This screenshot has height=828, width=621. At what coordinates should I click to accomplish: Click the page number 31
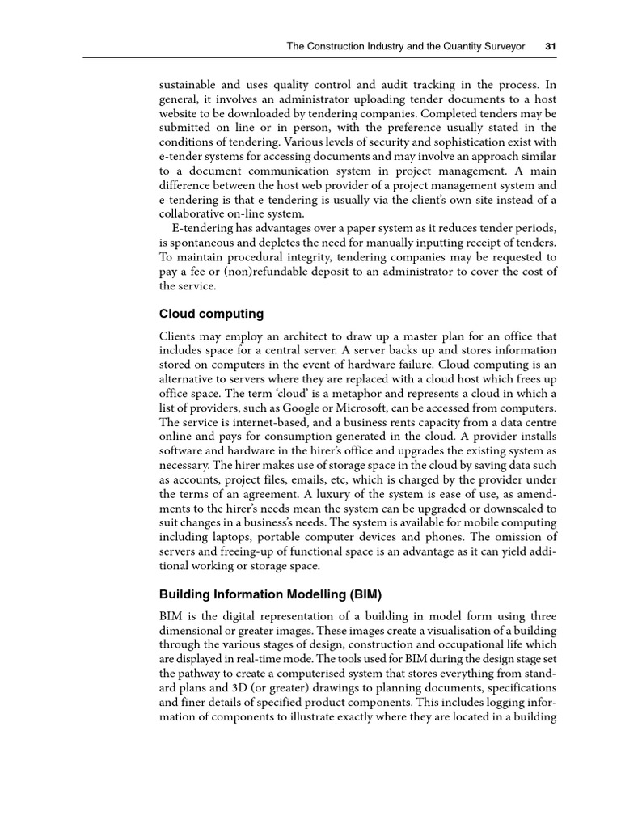[x=551, y=46]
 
